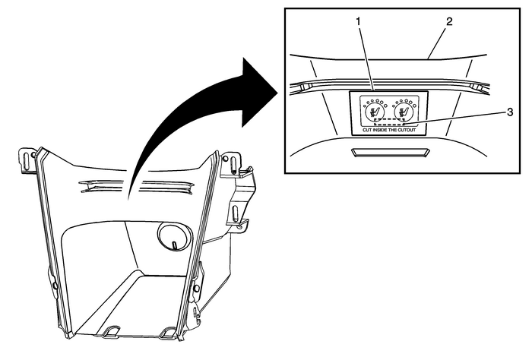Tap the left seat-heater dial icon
coord(373,113)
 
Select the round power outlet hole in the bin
coord(172,238)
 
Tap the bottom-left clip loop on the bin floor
coord(113,332)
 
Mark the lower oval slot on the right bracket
coord(242,225)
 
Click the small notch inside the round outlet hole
coord(174,245)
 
